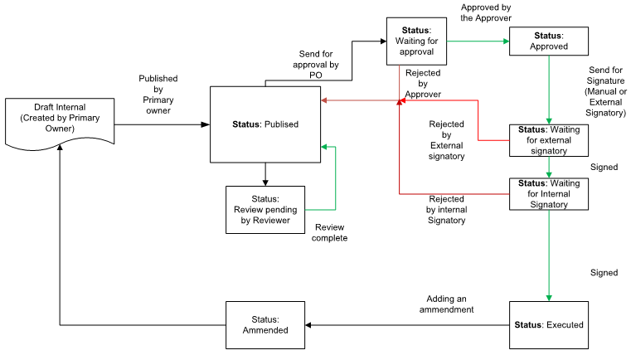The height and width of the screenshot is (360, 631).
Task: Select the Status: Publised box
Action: pos(265,124)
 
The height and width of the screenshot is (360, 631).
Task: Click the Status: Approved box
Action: pos(548,41)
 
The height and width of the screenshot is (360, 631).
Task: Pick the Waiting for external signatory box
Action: pos(548,140)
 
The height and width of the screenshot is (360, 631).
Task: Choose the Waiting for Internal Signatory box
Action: pos(548,193)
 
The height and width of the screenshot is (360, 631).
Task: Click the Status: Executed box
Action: pos(548,324)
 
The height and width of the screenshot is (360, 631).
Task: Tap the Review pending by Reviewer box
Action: pos(265,209)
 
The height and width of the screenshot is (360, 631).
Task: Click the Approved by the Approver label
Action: pos(485,12)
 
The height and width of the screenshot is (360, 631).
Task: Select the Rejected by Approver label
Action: pos(423,83)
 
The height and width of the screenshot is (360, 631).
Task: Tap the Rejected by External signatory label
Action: pos(446,139)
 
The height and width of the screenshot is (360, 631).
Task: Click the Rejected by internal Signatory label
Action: pos(446,210)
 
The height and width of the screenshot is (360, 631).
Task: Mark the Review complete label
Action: pos(330,231)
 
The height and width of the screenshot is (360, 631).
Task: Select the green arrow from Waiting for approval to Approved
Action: pos(478,41)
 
